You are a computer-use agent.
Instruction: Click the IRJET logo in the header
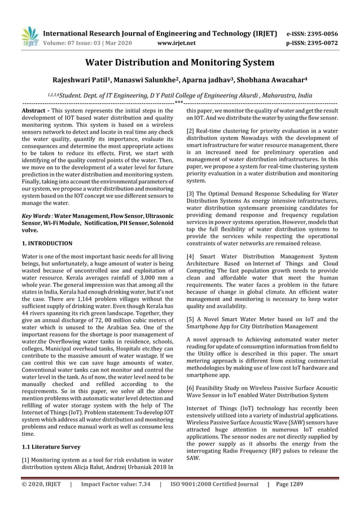pos(29,36)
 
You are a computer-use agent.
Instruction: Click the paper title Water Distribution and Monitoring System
pos(179,63)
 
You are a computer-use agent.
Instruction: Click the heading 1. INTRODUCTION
pos(47,243)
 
